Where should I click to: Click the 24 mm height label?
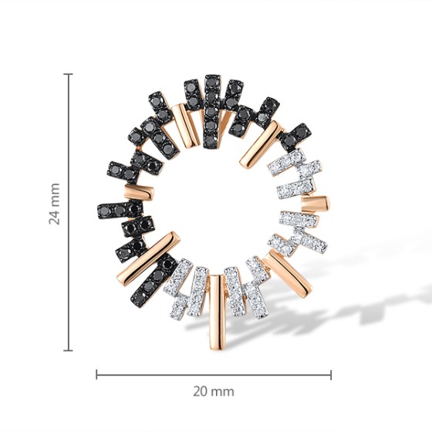(54, 204)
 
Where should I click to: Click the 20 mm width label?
(214, 391)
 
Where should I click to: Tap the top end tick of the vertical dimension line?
(68, 74)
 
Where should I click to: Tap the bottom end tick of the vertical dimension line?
(68, 350)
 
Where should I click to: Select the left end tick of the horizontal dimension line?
(96, 374)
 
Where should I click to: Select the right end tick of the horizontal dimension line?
(331, 374)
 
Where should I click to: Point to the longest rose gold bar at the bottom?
(217, 312)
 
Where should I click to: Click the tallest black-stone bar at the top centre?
(212, 111)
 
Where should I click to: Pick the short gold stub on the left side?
(139, 192)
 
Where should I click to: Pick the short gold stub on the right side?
(316, 204)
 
